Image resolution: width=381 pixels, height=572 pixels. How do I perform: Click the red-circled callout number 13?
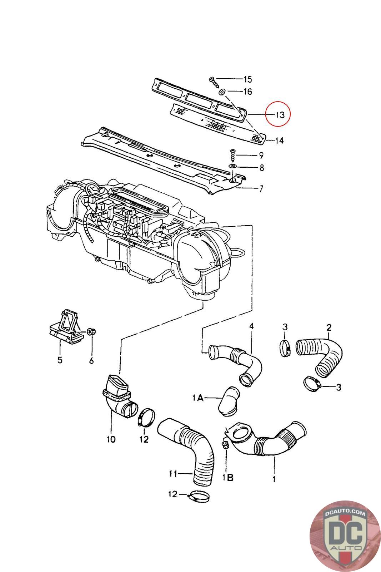pyautogui.click(x=280, y=115)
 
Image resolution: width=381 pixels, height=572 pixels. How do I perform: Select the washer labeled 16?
pyautogui.click(x=222, y=92)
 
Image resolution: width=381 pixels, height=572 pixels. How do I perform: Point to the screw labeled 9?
pyautogui.click(x=233, y=155)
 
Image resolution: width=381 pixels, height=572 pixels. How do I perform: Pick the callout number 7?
pyautogui.click(x=261, y=189)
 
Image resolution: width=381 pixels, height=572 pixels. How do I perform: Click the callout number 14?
pyautogui.click(x=279, y=140)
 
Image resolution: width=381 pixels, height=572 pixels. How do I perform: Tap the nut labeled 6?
pyautogui.click(x=91, y=332)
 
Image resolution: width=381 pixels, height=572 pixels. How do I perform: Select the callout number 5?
pyautogui.click(x=60, y=360)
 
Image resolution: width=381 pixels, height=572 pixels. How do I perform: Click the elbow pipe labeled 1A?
pyautogui.click(x=229, y=402)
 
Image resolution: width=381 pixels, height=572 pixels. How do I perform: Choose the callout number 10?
pyautogui.click(x=111, y=439)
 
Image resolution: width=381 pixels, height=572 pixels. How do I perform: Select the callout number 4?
pyautogui.click(x=251, y=326)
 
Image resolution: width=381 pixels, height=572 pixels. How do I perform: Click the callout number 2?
pyautogui.click(x=329, y=327)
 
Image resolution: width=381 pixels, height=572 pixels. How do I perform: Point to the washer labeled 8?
pyautogui.click(x=233, y=166)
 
